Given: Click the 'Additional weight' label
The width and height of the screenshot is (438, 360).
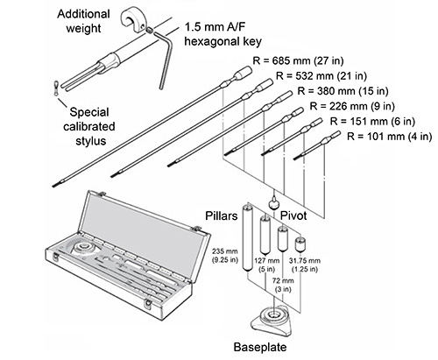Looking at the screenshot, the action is coord(83,21).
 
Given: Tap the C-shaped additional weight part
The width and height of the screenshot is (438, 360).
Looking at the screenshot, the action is coord(132,20).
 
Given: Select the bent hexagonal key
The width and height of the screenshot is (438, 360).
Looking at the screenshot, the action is coord(164,59).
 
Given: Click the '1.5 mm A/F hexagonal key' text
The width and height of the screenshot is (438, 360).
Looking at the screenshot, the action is coord(223,34).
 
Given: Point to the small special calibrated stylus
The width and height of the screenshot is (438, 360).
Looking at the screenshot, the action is coord(55,88).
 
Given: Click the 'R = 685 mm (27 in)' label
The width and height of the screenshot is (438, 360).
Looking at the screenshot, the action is coord(298,60).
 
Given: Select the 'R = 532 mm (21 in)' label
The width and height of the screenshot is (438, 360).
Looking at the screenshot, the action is coord(321,76).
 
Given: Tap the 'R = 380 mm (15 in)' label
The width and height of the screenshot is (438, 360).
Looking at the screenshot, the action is coord(343,91).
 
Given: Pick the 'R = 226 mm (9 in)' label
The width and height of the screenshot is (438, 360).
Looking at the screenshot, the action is coord(352,106).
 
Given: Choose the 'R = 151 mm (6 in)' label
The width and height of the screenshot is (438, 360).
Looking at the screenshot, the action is coord(372,121).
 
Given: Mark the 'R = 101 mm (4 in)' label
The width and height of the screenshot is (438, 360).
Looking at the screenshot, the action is coord(389,137).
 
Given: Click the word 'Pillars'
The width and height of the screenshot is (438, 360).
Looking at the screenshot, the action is coord(222,215).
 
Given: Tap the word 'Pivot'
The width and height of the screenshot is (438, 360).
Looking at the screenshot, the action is coord(293,215).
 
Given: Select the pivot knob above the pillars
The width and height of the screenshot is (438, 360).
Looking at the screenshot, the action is coord(274,203).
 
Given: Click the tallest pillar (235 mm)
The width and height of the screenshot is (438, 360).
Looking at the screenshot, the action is coord(247,237).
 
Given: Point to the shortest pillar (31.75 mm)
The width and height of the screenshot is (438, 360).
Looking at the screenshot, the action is coord(300,244).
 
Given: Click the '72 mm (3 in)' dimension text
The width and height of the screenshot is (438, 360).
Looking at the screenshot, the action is coord(283,285).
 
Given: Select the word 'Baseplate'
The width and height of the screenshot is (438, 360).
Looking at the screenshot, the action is coord(260,347).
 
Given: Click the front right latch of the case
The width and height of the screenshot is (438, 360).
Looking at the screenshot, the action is coord(148,304).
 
